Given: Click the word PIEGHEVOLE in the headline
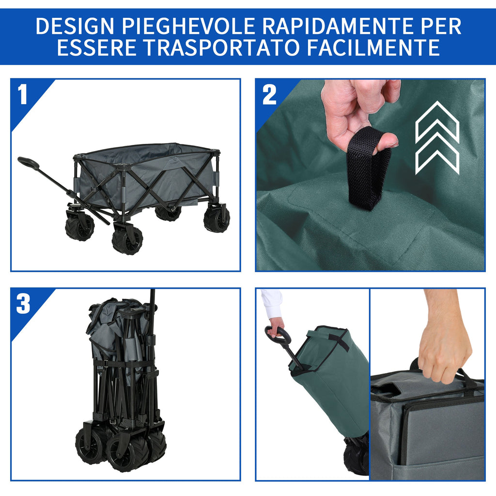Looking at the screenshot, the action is tap(188, 26).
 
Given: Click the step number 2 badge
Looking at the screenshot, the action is tap(269, 94).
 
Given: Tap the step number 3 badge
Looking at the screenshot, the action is tap(23, 304).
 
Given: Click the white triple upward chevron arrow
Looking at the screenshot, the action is tap(437, 138).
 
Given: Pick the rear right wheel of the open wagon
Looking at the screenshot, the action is tap(217, 219).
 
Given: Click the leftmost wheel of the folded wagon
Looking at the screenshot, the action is tap(90, 446).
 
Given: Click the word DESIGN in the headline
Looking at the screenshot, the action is tap(75, 26).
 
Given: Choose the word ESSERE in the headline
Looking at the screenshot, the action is tap(97, 47).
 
